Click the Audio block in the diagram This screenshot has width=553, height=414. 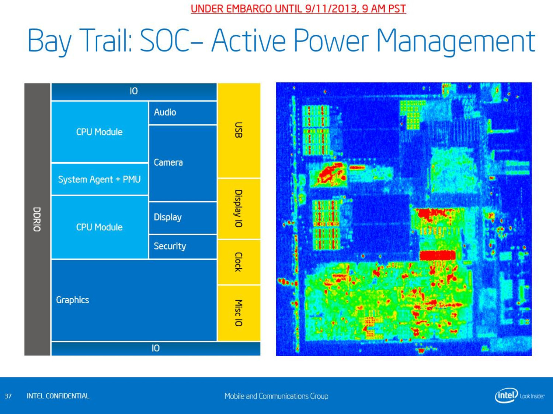pyautogui.click(x=182, y=113)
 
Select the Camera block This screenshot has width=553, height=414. pyautogui.click(x=182, y=163)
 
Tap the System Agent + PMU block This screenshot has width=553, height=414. pyautogui.click(x=100, y=179)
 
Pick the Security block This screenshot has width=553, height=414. pyautogui.click(x=182, y=247)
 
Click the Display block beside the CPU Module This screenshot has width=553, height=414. pyautogui.click(x=182, y=218)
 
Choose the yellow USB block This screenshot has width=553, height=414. pyautogui.click(x=239, y=130)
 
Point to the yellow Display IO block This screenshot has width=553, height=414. pyautogui.click(x=239, y=209)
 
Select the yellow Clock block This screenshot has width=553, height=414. pyautogui.click(x=239, y=262)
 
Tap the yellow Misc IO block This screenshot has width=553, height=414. pyautogui.click(x=239, y=313)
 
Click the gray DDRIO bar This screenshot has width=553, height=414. pyautogui.click(x=37, y=219)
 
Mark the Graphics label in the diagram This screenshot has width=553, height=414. pyautogui.click(x=73, y=300)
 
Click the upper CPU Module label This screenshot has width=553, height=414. pyautogui.click(x=99, y=132)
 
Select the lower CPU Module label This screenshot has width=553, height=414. pyautogui.click(x=99, y=227)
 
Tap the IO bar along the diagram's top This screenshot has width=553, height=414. pyautogui.click(x=134, y=92)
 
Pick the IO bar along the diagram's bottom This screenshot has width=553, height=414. pyautogui.click(x=156, y=348)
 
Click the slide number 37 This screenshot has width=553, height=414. pyautogui.click(x=8, y=396)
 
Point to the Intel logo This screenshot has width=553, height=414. pyautogui.click(x=519, y=395)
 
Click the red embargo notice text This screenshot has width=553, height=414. pyautogui.click(x=298, y=9)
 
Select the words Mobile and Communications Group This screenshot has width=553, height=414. pyautogui.click(x=276, y=396)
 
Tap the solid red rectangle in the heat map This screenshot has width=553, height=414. pyautogui.click(x=438, y=255)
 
